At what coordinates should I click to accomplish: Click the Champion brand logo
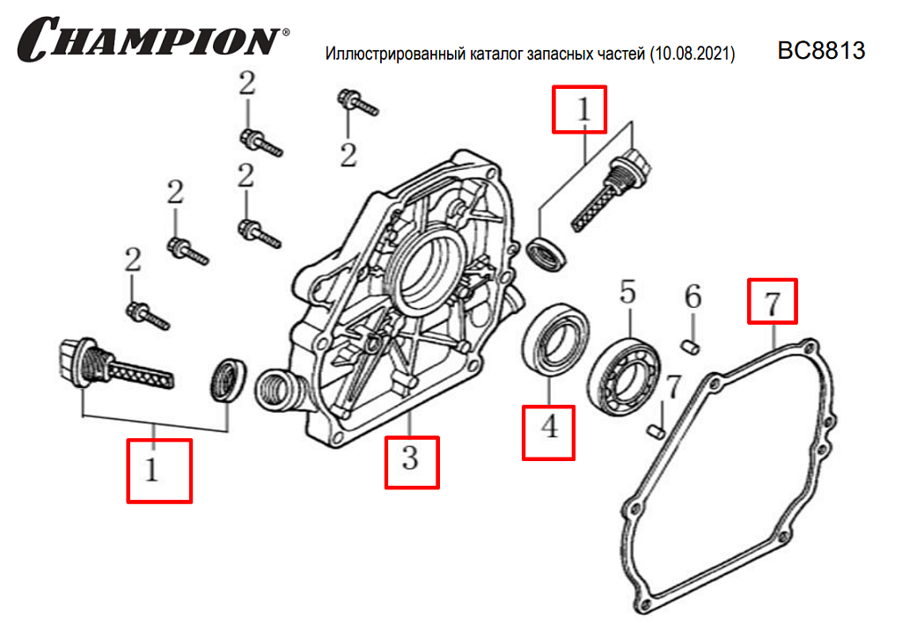[x=151, y=40]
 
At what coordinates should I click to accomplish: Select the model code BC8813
[x=821, y=51]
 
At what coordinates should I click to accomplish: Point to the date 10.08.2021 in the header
[x=693, y=55]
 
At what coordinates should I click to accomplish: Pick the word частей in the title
[x=620, y=55]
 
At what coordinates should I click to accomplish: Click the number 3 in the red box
[x=411, y=459]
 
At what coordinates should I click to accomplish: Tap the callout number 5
[x=627, y=292]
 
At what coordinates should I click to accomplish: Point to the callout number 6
[x=693, y=297]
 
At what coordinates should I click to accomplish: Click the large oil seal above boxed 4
[x=553, y=337]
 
